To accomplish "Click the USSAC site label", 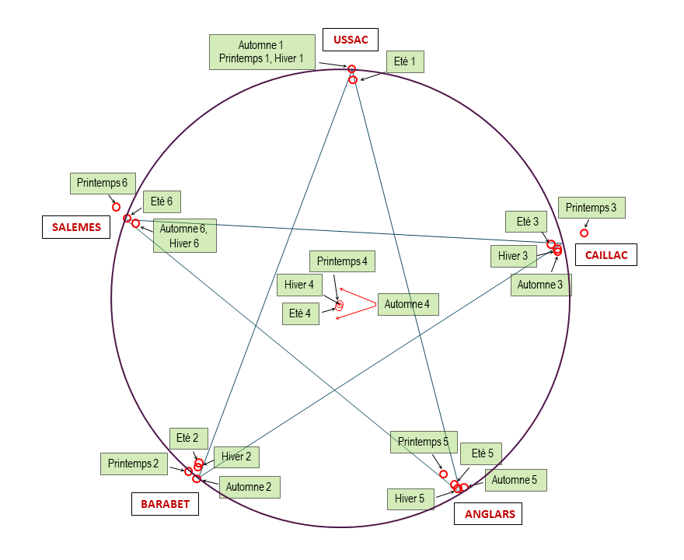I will point(351,40).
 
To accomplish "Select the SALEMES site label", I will point(76,227).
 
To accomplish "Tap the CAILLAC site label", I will point(606,255).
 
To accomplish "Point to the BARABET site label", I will point(165,504).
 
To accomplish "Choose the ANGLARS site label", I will point(490,514).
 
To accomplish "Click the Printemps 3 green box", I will point(592,208).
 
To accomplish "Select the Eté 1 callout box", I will point(405,62).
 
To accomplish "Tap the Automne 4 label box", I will point(407,304).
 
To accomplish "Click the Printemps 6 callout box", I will point(102,184).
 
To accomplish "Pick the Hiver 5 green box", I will point(410,499).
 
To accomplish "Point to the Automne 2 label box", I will point(249,487).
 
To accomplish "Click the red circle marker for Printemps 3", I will point(585,233).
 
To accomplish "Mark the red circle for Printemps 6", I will point(117,207).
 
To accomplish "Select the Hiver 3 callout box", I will point(513,256).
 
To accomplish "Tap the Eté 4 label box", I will point(300,313).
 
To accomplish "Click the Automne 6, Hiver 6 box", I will point(184,235).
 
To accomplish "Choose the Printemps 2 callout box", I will point(133,464).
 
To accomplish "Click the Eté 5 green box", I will point(482,453).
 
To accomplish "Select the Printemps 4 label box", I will point(342,261).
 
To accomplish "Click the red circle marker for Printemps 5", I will point(443,474).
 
